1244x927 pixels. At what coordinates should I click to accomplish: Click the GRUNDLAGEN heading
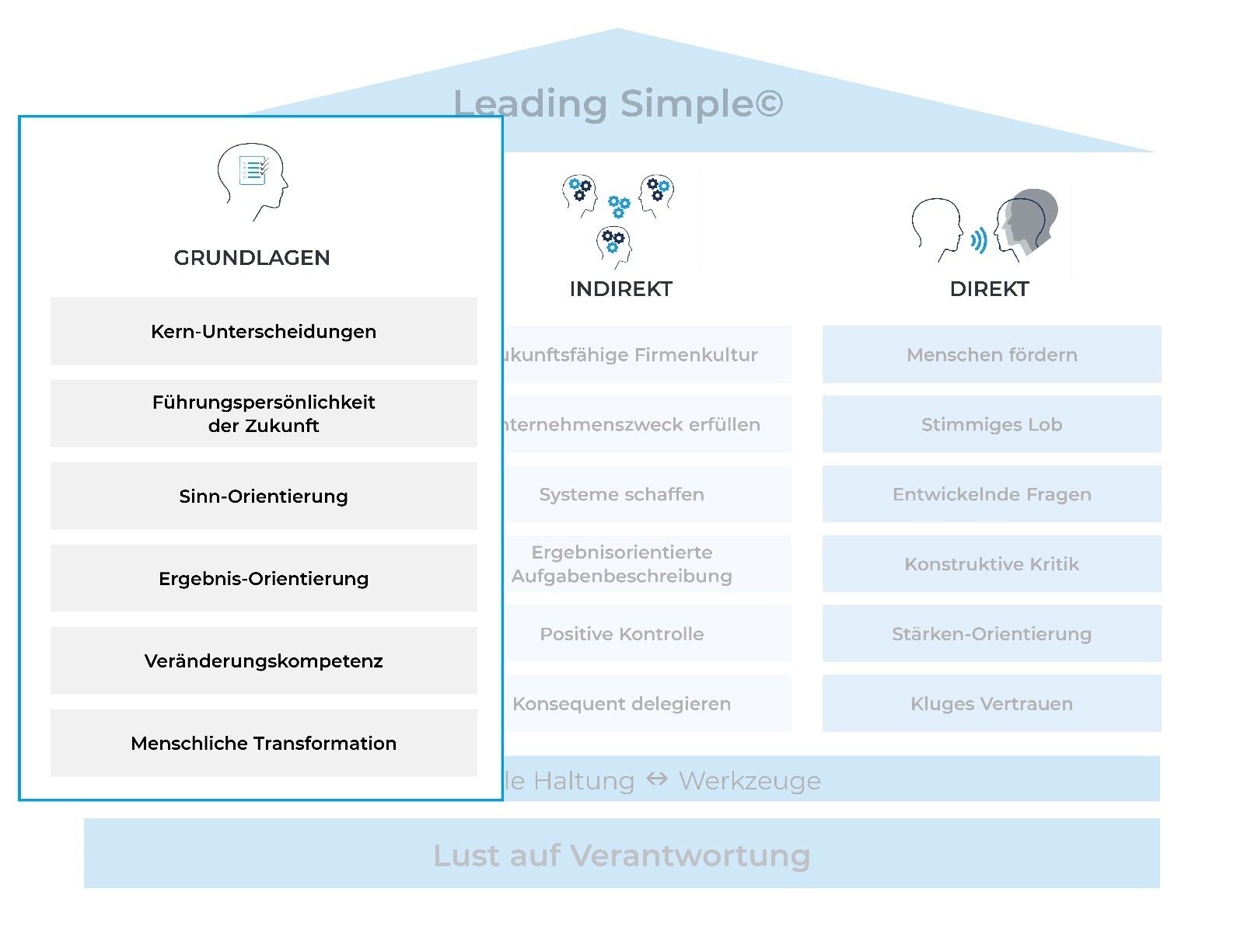tap(252, 258)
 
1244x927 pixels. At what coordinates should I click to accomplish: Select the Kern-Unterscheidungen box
tap(264, 331)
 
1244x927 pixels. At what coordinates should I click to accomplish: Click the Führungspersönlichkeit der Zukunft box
tap(264, 413)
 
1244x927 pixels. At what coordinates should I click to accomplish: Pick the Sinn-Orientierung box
tap(264, 496)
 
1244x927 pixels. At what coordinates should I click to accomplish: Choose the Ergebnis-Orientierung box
tap(264, 578)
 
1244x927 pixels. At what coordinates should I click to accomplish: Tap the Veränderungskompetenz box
tap(264, 660)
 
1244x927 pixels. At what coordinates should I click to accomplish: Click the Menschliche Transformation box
tap(264, 743)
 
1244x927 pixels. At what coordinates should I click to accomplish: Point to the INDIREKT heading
tap(620, 289)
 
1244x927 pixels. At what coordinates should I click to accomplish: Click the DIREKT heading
tap(989, 289)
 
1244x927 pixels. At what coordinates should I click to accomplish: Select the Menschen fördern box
tap(991, 354)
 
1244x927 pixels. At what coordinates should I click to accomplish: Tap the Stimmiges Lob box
tap(991, 424)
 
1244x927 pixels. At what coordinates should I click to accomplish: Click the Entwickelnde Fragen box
tap(991, 494)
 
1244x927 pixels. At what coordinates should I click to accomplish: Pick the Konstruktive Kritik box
tap(991, 564)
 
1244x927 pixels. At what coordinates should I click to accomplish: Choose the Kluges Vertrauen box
tap(991, 704)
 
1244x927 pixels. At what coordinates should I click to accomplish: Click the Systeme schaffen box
tap(622, 494)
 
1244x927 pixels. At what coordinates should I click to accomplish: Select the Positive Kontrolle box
tap(622, 634)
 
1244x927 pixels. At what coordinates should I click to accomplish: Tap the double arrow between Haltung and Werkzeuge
tap(657, 779)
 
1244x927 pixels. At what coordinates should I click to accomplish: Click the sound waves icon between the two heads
tap(978, 240)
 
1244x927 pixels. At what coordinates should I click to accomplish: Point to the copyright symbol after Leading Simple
tap(768, 103)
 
